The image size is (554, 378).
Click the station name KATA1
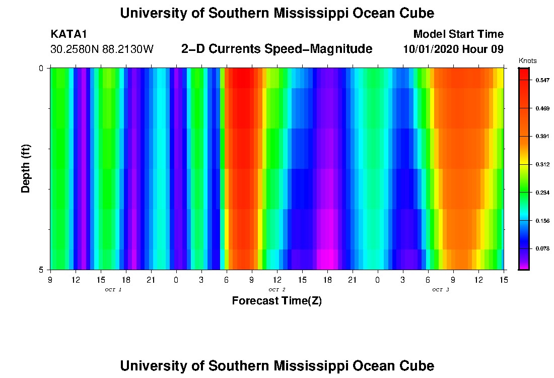point(69,34)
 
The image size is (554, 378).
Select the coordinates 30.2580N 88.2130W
point(102,49)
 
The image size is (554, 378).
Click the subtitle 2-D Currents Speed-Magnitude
point(276,49)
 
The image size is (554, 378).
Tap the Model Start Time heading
point(458,34)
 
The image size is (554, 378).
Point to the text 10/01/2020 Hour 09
point(453,49)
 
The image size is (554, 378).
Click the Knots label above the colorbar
point(527,61)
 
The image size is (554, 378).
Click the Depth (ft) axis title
point(26,168)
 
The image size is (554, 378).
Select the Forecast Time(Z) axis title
point(276,301)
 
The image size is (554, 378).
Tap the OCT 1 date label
point(113,290)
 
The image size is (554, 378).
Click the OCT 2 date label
point(277,290)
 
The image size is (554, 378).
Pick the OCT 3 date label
point(441,290)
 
